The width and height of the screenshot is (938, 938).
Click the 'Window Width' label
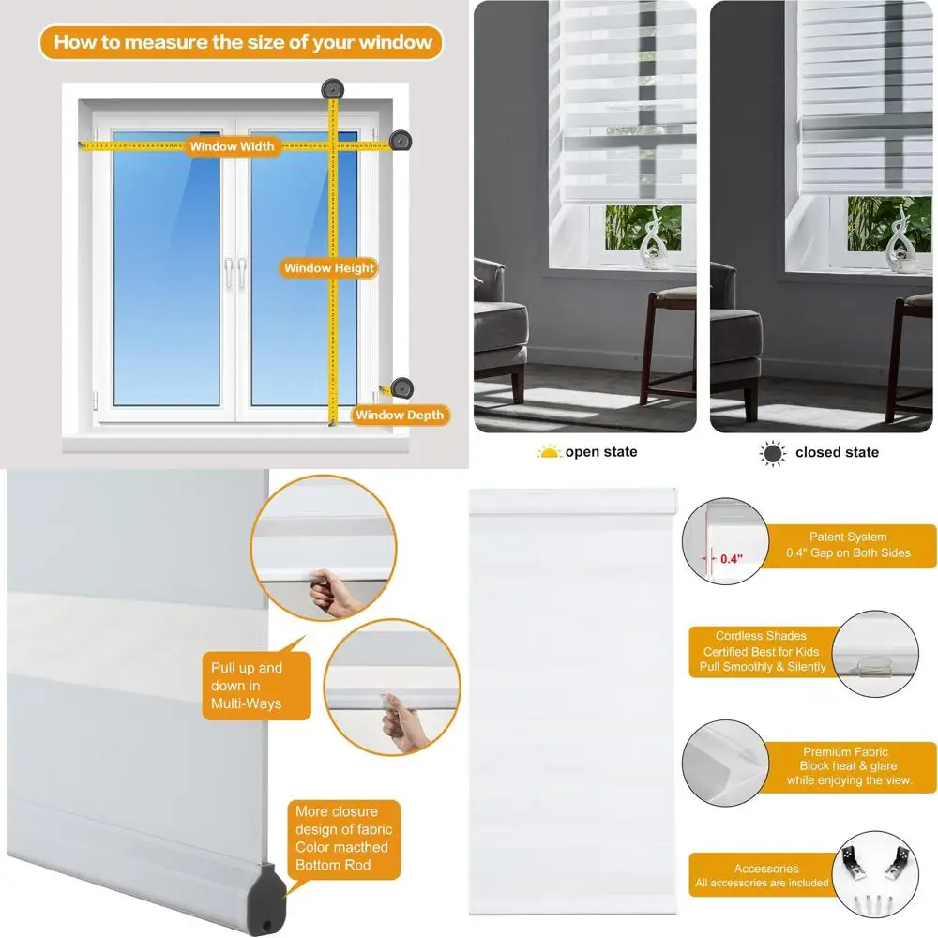(x=232, y=146)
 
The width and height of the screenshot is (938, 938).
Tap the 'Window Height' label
(x=329, y=268)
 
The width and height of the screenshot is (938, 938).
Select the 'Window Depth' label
(x=400, y=415)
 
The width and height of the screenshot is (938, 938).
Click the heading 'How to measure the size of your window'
(x=242, y=41)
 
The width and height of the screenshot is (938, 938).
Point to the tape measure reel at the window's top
(x=331, y=89)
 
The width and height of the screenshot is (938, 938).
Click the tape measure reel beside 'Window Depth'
(x=401, y=386)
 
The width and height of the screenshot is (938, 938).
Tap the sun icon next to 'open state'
(x=548, y=452)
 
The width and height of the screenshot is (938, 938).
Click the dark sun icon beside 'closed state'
(x=772, y=452)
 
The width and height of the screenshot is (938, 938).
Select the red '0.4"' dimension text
(x=730, y=558)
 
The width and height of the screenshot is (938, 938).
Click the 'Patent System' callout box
(x=847, y=545)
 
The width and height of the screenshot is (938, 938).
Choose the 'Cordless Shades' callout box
(x=761, y=651)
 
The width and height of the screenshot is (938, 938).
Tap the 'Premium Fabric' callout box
(x=845, y=766)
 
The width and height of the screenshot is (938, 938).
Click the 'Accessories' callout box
(x=761, y=875)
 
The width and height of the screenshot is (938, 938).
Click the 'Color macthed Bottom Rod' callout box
(x=343, y=838)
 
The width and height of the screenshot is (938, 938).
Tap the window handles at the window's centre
(x=234, y=273)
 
